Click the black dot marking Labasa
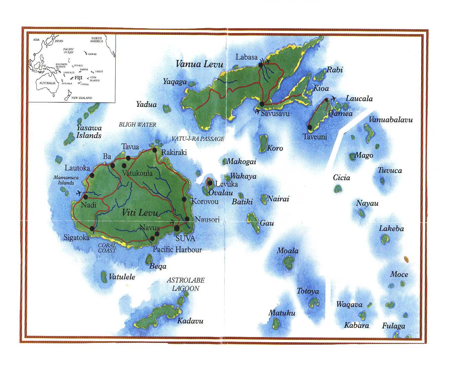click(x=261, y=64)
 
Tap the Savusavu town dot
click(x=262, y=104)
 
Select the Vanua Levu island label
click(x=200, y=64)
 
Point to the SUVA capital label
click(x=185, y=238)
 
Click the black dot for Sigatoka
click(x=92, y=228)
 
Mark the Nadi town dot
click(x=85, y=197)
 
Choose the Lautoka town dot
click(x=92, y=175)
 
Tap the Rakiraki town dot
click(x=155, y=150)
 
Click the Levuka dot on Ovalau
click(x=210, y=183)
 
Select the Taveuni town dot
click(x=310, y=127)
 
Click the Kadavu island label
click(x=190, y=321)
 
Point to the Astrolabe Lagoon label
click(x=186, y=284)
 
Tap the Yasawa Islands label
click(x=89, y=132)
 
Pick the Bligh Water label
click(x=137, y=125)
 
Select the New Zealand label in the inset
click(x=82, y=98)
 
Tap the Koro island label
click(x=275, y=148)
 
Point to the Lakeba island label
click(x=391, y=228)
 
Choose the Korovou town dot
click(x=184, y=199)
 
